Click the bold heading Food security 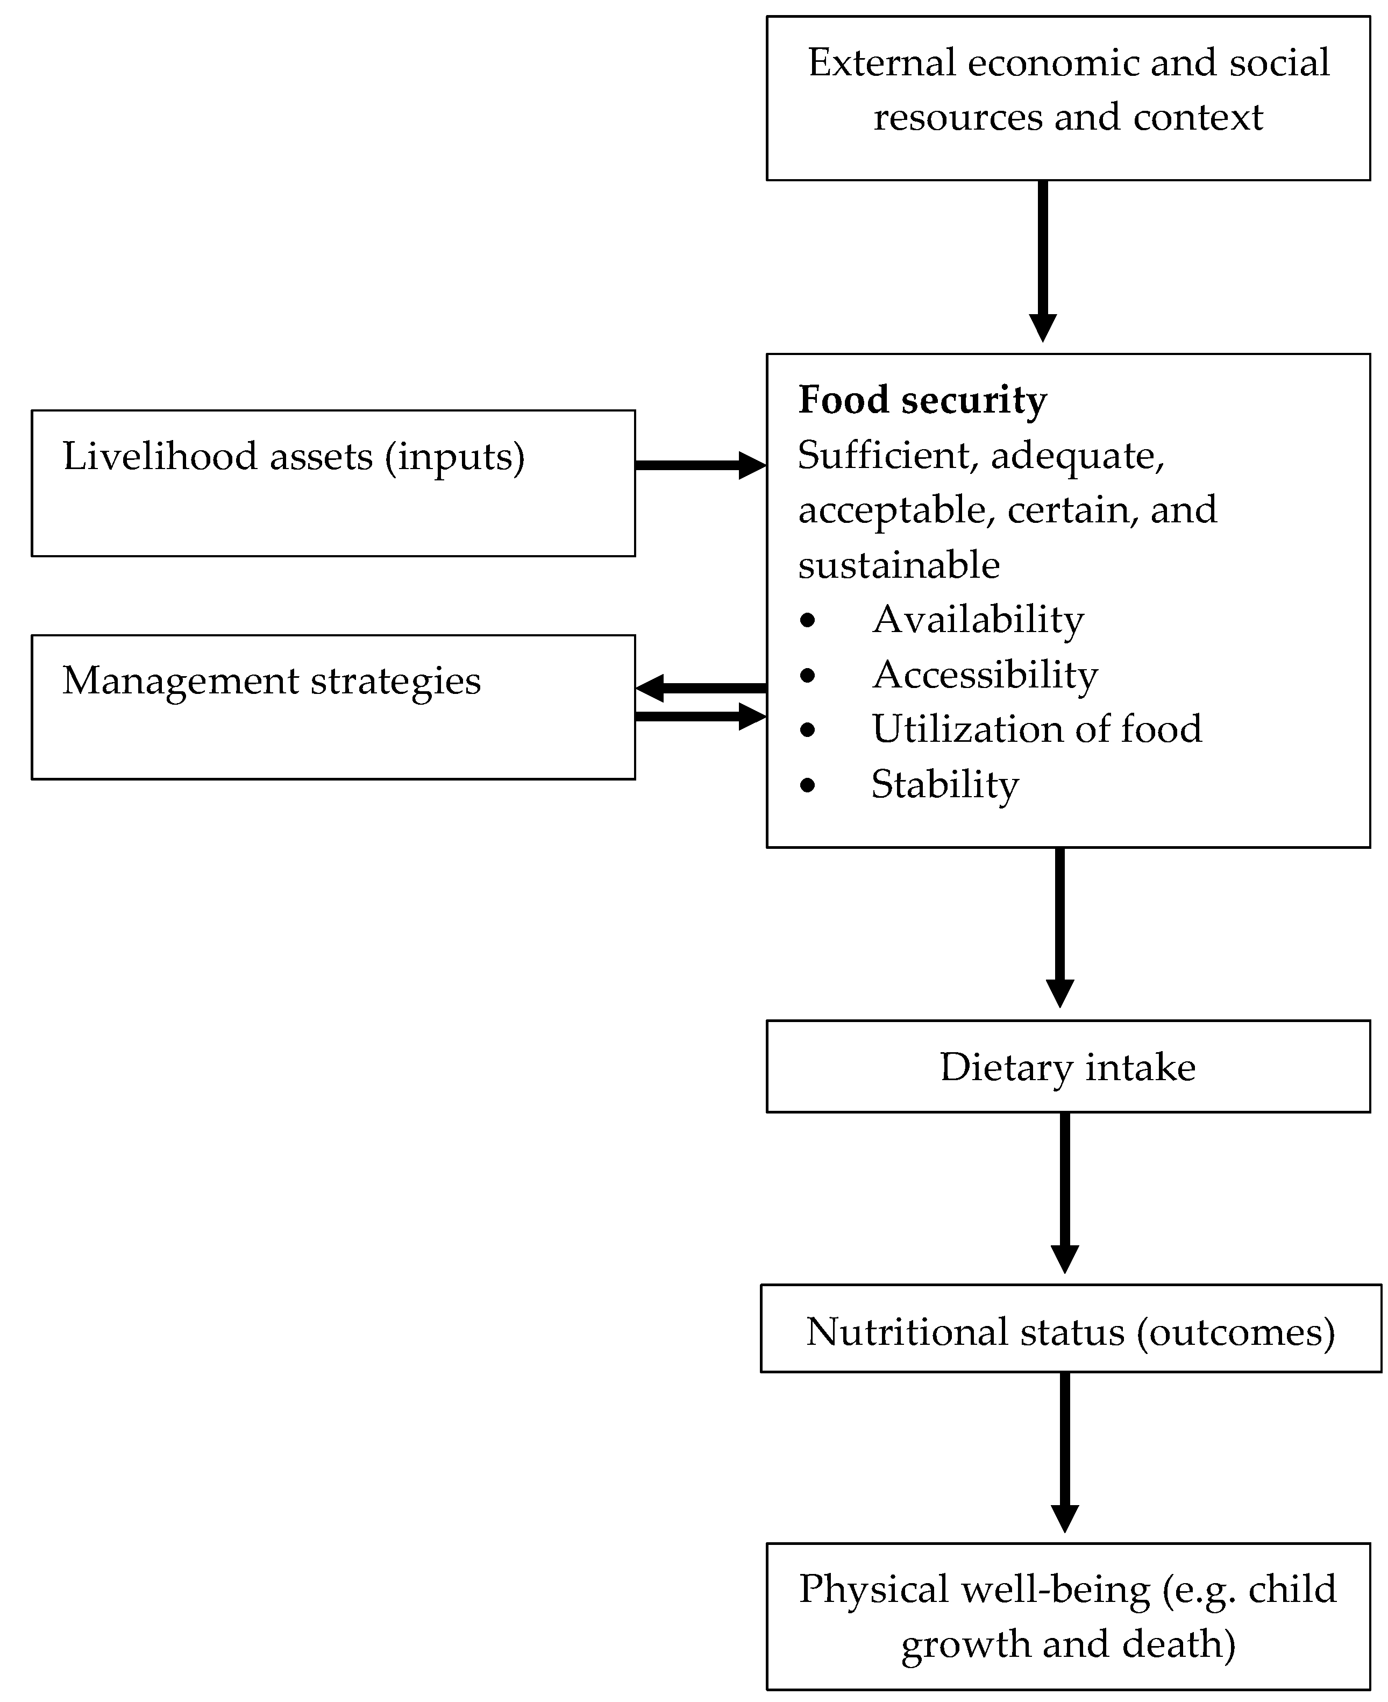pos(922,400)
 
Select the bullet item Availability pos(977,619)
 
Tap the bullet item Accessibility pos(984,674)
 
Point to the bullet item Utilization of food pos(1036,729)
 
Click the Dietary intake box pos(1067,1067)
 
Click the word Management pos(181,680)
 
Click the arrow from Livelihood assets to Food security pos(700,465)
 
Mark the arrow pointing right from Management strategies pos(700,716)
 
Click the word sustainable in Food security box pos(899,565)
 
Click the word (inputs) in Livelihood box pos(455,457)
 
